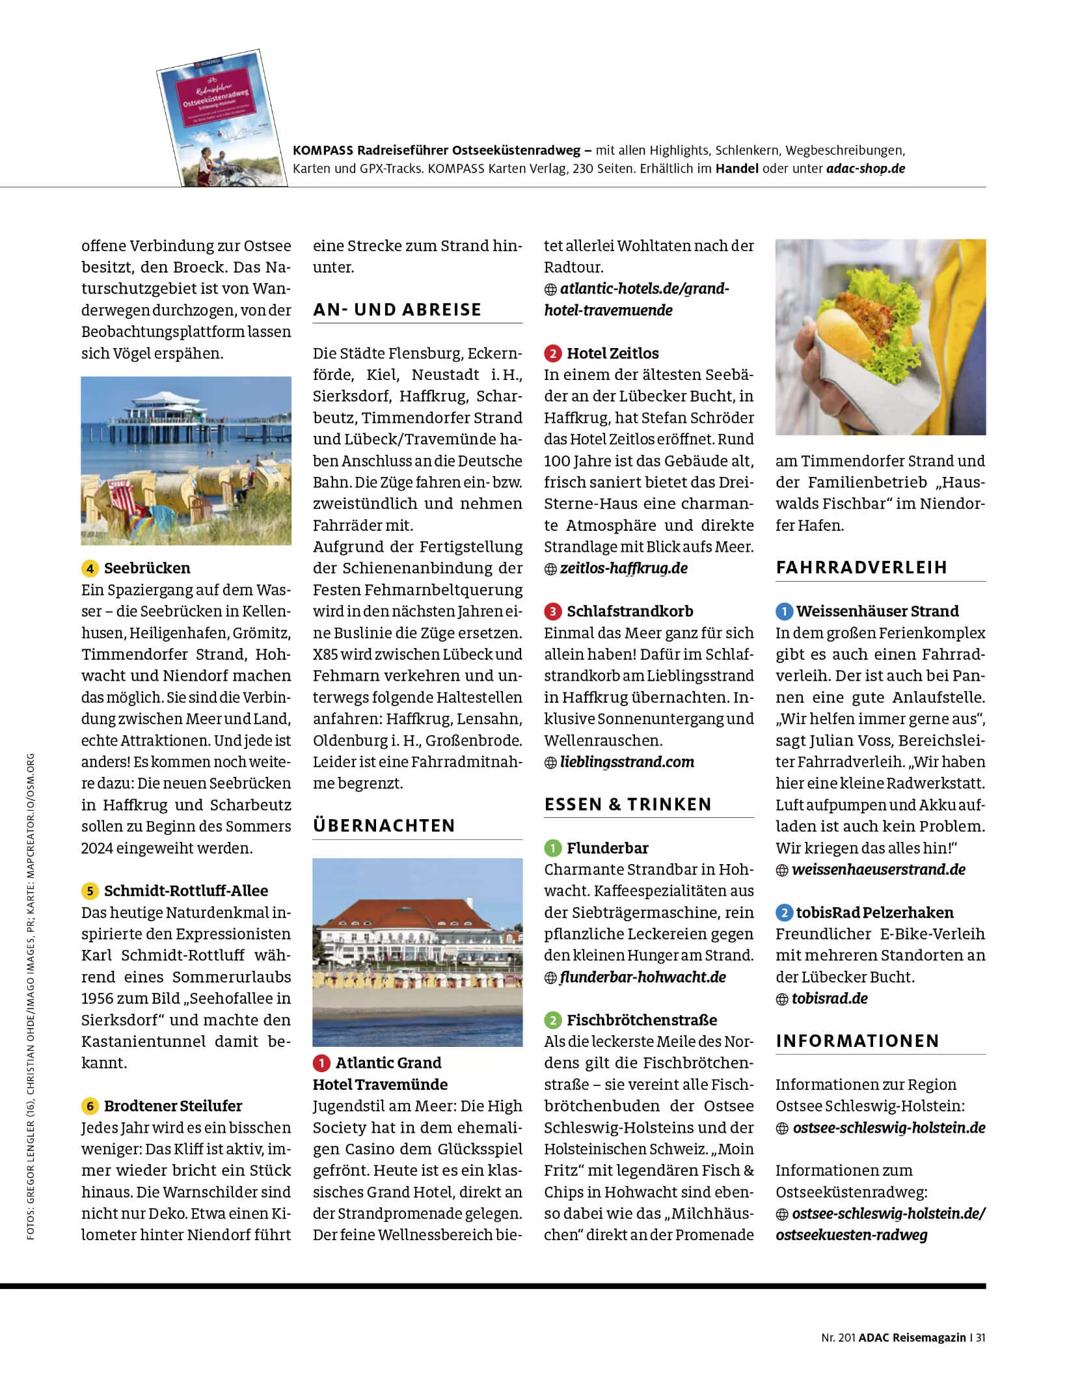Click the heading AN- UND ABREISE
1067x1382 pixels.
tap(397, 310)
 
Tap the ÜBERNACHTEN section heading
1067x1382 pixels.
tap(384, 826)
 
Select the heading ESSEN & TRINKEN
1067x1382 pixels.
tap(628, 804)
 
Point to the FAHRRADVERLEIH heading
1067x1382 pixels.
tap(861, 567)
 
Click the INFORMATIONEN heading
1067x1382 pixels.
tap(858, 1041)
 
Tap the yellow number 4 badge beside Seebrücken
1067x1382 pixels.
tap(90, 568)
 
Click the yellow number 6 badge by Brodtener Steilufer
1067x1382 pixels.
tap(90, 1106)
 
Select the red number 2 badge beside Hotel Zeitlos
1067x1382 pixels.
tap(552, 353)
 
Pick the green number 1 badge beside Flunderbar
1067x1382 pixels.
tap(552, 848)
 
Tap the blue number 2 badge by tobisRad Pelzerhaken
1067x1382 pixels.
tap(784, 913)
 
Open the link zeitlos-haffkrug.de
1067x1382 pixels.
tap(623, 568)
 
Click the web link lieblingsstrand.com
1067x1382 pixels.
tap(627, 762)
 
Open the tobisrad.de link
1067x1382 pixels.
tap(830, 999)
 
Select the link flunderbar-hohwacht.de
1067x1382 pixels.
tap(642, 977)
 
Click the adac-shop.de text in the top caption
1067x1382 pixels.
tap(865, 169)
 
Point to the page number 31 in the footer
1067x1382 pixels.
tap(980, 1338)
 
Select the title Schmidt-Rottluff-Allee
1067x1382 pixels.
tap(185, 891)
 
